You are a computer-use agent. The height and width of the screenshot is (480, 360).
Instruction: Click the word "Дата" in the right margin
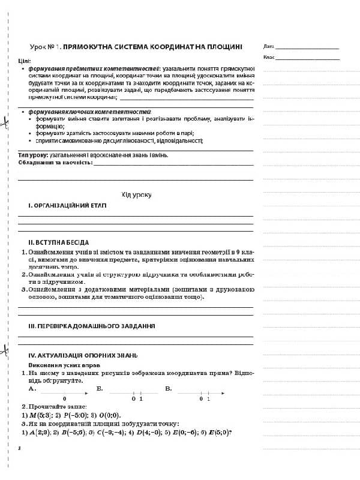268,46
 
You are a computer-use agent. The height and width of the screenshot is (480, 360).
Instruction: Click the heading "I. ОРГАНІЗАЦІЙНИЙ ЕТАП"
67,205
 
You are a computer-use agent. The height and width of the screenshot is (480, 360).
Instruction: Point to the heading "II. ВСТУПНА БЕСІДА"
58,242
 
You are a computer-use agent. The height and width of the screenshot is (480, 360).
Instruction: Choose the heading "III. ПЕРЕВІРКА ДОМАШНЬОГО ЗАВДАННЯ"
92,326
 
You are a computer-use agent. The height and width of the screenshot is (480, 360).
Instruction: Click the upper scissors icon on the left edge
4,123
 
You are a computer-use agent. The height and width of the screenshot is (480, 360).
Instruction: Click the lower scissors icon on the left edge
4,350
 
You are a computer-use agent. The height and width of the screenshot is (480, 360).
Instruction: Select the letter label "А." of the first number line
32,389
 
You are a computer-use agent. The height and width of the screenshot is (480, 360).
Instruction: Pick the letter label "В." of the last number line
169,389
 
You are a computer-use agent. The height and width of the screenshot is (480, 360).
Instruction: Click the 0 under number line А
64,398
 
